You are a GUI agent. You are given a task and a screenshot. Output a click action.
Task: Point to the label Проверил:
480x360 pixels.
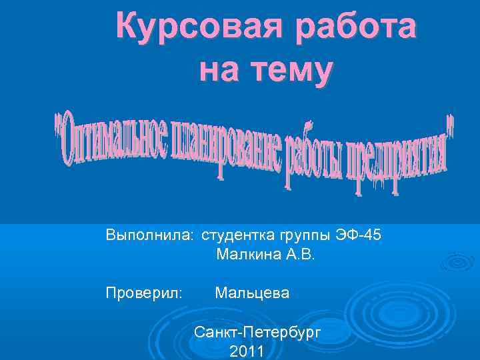(143, 293)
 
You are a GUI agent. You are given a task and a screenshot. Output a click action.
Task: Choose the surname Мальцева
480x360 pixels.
(252, 293)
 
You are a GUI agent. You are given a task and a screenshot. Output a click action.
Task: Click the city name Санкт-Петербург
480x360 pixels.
(257, 331)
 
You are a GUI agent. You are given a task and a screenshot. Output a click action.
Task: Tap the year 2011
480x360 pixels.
(246, 351)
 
